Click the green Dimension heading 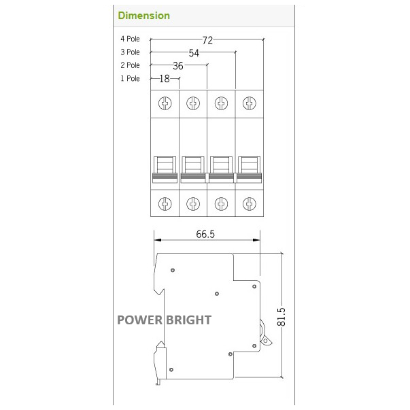(x=143, y=15)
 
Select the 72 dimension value (x=207, y=41)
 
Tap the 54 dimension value (x=194, y=53)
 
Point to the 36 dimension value (x=178, y=66)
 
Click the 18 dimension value (x=165, y=79)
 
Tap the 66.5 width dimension (x=205, y=235)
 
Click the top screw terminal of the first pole (x=165, y=103)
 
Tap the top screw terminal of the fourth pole (x=250, y=103)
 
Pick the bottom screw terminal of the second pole (x=193, y=203)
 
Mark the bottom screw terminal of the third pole (x=221, y=203)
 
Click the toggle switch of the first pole (x=165, y=169)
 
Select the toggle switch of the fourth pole (x=250, y=169)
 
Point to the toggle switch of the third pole (x=221, y=169)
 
